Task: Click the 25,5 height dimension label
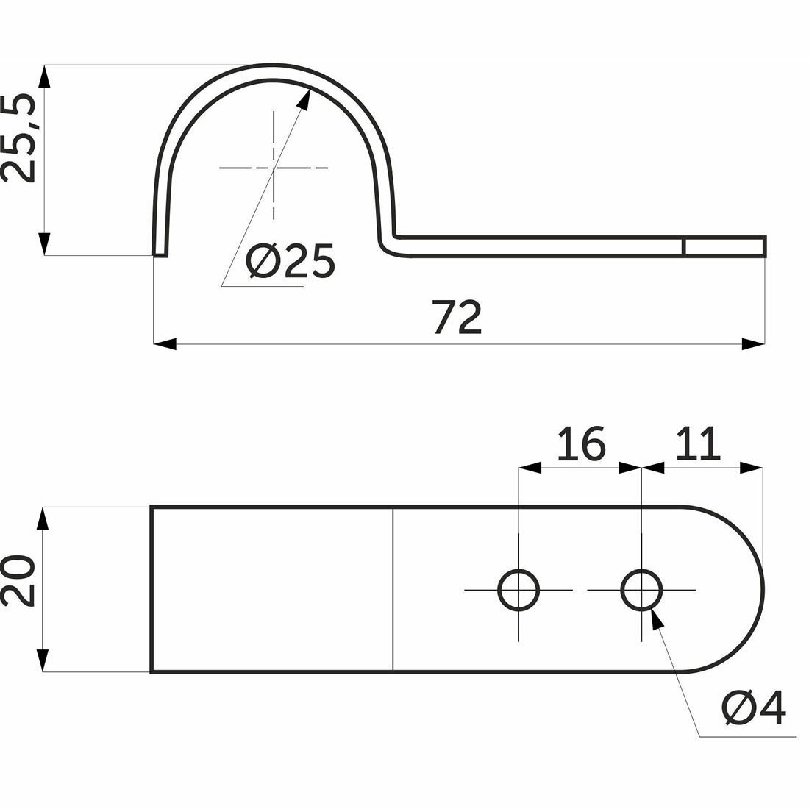coord(18,138)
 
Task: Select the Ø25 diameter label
coord(291,260)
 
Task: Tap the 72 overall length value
coord(457,316)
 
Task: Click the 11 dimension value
coord(698,443)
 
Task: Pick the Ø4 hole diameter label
coord(754,708)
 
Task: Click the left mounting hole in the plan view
coord(518,590)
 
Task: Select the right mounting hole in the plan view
coord(641,590)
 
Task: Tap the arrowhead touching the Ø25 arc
coord(304,99)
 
